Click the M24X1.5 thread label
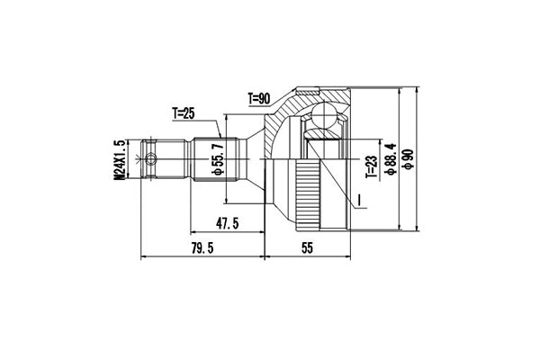[x=118, y=158]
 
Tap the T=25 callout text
[x=184, y=113]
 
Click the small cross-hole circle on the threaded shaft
[x=153, y=160]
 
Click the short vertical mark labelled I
[x=360, y=200]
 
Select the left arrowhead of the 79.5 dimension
[x=144, y=256]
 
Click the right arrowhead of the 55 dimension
[x=348, y=256]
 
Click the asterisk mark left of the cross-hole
[x=138, y=160]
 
